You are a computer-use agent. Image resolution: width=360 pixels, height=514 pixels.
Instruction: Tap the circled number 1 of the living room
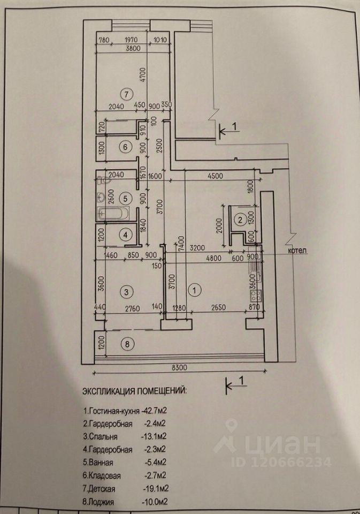pos(195,290)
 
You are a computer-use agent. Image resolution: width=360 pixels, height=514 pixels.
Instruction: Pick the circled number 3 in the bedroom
pos(125,292)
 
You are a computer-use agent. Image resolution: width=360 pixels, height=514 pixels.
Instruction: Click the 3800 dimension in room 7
pos(133,47)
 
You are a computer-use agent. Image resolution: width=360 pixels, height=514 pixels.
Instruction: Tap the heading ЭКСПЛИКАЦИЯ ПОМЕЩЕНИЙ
pos(134,391)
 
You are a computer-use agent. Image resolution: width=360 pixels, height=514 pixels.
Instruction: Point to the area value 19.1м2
pos(159,488)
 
